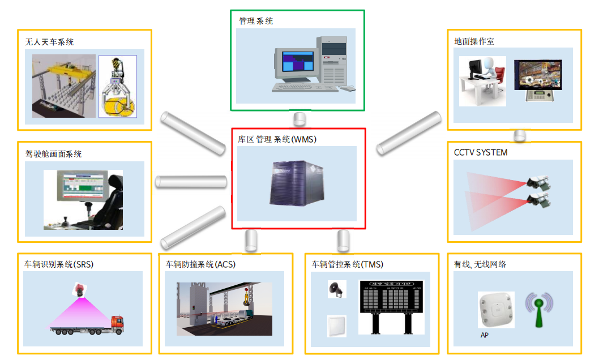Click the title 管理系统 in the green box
256,21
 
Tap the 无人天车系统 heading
49,42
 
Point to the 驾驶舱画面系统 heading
53,154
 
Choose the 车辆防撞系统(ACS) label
200,264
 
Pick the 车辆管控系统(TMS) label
348,264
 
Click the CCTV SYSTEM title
481,153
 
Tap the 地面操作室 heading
474,41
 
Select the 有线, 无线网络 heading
480,264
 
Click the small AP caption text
485,335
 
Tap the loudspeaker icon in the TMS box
336,289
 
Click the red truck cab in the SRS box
117,323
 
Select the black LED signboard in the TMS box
391,300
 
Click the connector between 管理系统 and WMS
299,119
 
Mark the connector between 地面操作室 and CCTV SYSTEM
520,136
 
